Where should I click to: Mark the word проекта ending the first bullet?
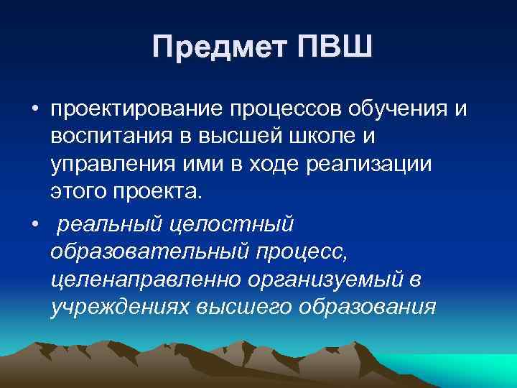167,190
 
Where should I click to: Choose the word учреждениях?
118,307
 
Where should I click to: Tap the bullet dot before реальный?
34,224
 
